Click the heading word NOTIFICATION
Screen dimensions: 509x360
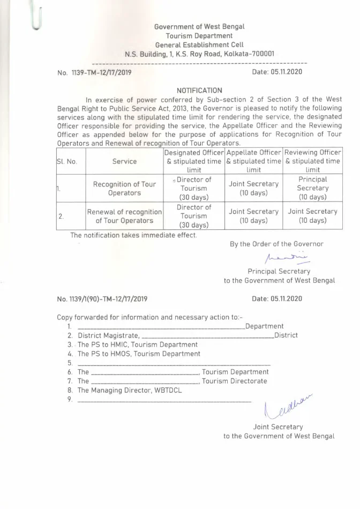click(199, 91)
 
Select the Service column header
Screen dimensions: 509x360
click(124, 161)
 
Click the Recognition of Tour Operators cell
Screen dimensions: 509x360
click(124, 188)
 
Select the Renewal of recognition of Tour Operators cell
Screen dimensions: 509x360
click(124, 216)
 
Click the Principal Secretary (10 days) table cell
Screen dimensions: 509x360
click(313, 188)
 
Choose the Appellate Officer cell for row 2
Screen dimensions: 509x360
click(253, 216)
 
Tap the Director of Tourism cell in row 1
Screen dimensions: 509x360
click(193, 188)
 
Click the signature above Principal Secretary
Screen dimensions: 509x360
click(279, 259)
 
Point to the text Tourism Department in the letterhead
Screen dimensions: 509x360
click(199, 35)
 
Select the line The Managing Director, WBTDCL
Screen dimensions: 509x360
click(129, 390)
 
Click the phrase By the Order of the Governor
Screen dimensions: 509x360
click(276, 244)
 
